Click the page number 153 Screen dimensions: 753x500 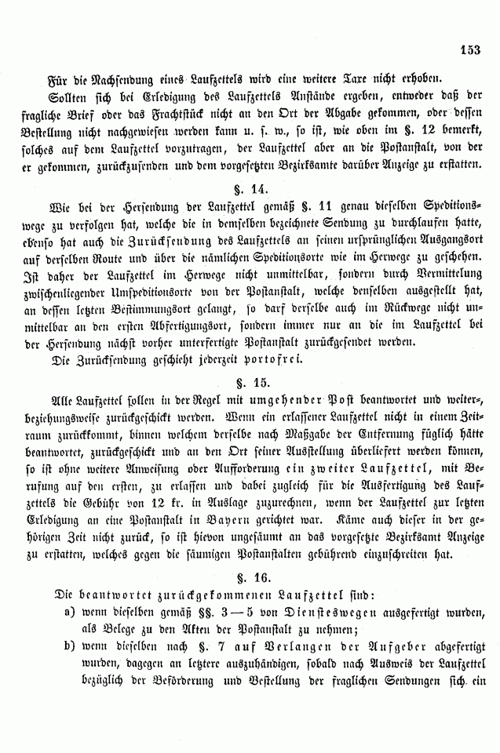point(470,48)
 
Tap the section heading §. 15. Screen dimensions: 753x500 point(250,383)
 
